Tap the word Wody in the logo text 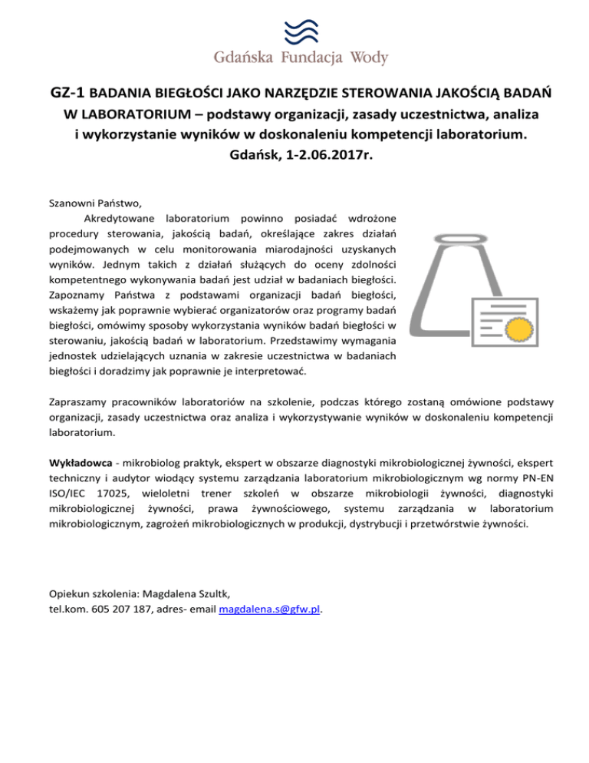[x=367, y=58]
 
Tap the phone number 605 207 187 [x=115, y=609]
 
